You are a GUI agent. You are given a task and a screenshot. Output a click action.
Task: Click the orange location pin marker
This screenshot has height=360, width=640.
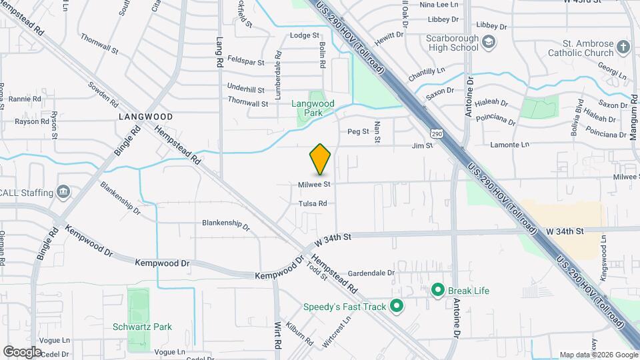[320, 159]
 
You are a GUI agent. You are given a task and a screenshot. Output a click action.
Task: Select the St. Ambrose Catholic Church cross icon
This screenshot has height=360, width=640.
[623, 47]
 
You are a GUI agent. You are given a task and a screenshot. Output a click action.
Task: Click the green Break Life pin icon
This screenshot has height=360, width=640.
[438, 290]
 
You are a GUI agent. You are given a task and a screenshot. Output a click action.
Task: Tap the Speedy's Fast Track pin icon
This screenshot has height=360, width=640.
[397, 307]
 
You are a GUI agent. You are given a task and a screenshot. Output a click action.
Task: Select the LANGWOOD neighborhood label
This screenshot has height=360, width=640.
[145, 117]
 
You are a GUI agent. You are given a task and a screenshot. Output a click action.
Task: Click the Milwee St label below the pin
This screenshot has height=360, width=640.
[315, 184]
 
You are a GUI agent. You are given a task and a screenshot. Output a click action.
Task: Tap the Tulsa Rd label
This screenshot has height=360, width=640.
[313, 203]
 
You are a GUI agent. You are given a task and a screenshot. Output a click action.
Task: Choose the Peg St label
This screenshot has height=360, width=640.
[358, 131]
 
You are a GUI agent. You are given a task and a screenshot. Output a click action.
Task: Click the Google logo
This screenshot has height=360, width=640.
[23, 351]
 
